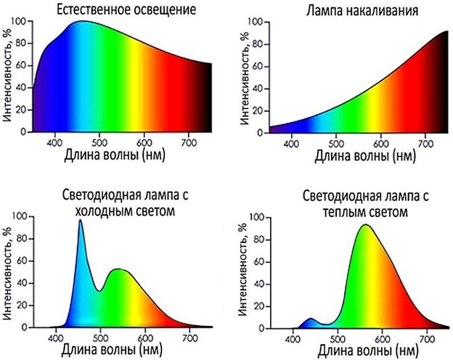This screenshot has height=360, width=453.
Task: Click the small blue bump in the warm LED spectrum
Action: point(311,319)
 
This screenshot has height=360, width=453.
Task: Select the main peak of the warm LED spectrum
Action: point(364,226)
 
